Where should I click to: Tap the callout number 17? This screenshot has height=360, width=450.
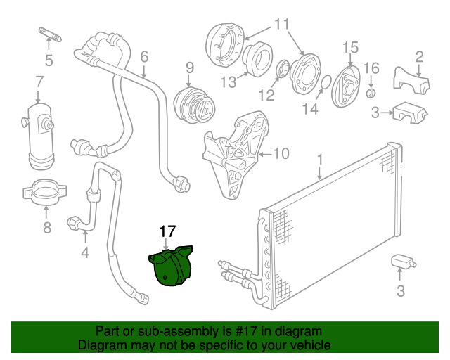coord(167,231)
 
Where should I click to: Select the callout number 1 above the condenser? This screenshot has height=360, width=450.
coord(320,161)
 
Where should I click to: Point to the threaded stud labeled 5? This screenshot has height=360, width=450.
coord(46,34)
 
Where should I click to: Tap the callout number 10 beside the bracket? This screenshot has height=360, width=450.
coord(281,153)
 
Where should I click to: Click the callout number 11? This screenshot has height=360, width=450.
coord(281,25)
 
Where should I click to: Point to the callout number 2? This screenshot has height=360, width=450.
coord(419,57)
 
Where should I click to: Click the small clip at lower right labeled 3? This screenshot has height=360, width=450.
coord(403,262)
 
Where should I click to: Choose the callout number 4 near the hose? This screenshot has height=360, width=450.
coord(85,251)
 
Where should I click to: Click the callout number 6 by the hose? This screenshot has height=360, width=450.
coord(144,56)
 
